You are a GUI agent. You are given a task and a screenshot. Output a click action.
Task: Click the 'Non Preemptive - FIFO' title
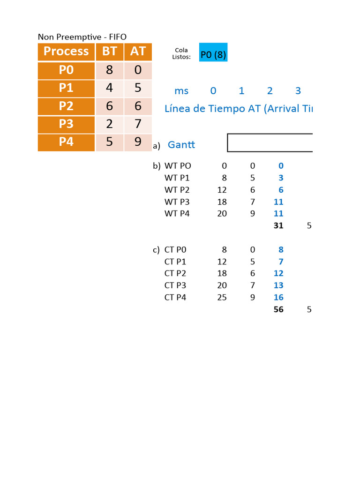click(82, 37)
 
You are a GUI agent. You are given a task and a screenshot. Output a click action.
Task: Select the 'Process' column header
click(66, 52)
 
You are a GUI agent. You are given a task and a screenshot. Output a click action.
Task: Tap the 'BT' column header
click(109, 52)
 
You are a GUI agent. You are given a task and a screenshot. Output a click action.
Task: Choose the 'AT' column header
click(138, 52)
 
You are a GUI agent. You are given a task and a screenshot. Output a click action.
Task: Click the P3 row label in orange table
click(66, 124)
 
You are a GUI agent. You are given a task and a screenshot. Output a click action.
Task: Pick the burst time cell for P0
click(109, 70)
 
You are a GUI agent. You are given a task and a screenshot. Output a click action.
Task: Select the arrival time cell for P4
click(138, 142)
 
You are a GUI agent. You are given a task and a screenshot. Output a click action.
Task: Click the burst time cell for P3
click(109, 124)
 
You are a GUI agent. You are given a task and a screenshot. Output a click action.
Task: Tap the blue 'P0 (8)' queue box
click(213, 55)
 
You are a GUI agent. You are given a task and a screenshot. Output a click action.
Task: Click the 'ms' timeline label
click(181, 91)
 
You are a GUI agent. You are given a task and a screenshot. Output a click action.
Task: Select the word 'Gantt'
click(181, 145)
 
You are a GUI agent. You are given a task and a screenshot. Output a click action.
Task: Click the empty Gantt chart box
click(270, 143)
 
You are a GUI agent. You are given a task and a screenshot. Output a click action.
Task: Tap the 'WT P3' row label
click(178, 202)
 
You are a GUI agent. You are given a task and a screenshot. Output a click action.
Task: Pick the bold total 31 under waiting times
click(278, 226)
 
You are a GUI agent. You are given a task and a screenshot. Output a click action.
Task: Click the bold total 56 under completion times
click(278, 309)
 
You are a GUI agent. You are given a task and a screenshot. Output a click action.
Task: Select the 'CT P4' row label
click(175, 297)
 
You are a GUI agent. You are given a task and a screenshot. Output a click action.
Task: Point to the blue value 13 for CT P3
click(278, 285)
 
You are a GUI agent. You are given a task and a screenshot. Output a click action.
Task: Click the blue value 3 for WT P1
click(281, 178)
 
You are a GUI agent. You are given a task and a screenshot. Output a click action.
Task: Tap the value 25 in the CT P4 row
click(222, 297)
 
